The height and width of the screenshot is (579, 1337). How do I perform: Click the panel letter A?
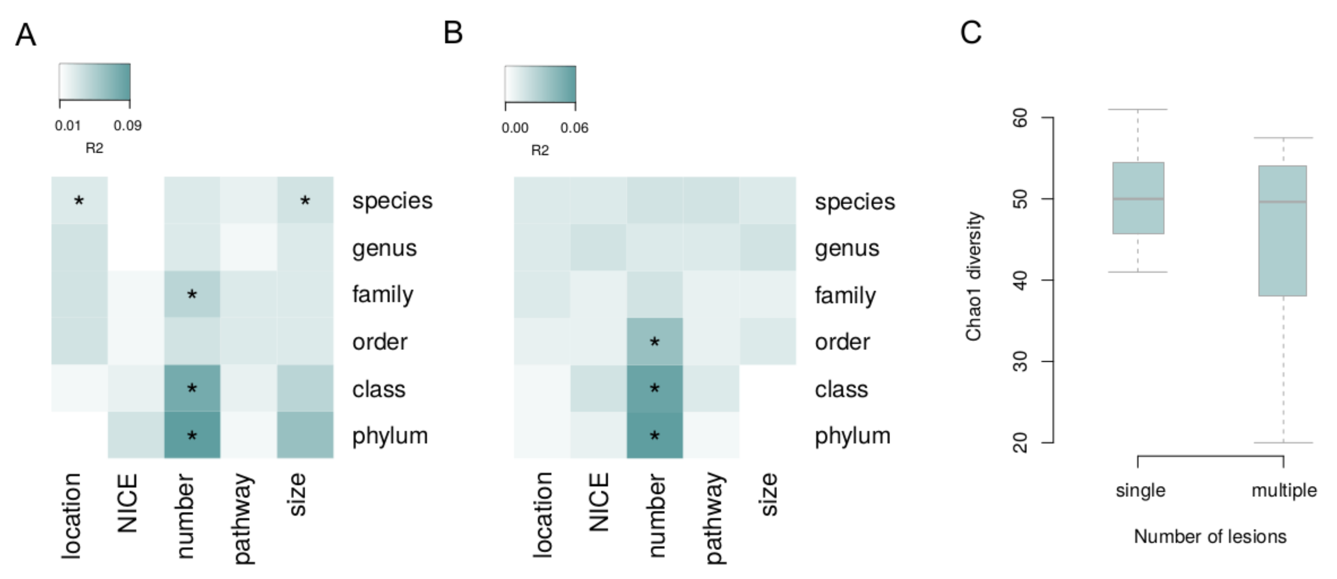coord(25,36)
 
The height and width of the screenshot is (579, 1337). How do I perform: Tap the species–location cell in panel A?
coord(79,200)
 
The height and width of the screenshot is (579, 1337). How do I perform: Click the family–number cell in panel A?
coord(192,295)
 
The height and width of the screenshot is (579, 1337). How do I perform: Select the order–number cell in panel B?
coord(654,341)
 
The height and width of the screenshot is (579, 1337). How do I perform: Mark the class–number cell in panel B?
coord(654,388)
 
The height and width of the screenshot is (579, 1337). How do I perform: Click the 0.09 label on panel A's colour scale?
coord(128,126)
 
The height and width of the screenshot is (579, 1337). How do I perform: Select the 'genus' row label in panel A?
coord(384,248)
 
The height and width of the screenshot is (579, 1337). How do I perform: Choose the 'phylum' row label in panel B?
coord(852,435)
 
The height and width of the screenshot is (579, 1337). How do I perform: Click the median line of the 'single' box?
coord(1138,199)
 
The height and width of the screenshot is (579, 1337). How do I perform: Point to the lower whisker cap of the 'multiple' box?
coord(1284,443)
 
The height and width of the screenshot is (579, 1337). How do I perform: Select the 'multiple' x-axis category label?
coord(1284,490)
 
